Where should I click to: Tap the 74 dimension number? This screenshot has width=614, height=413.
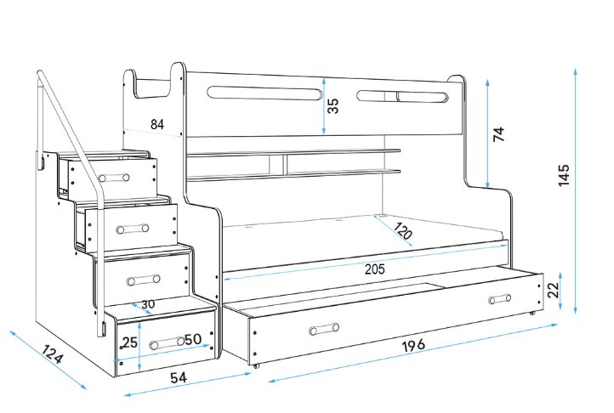click(499, 133)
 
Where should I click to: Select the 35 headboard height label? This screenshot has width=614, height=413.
click(333, 106)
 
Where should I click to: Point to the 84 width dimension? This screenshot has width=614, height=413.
click(157, 124)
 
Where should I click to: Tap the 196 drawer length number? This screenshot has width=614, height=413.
click(413, 345)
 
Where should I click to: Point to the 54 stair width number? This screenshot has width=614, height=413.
click(179, 377)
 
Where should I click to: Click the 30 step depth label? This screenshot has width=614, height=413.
click(148, 304)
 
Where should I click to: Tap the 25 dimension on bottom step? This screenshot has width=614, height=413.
click(129, 342)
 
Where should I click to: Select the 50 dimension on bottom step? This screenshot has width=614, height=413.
click(193, 340)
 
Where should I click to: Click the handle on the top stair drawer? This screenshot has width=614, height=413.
click(113, 178)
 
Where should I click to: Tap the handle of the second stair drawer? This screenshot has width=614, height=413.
click(132, 229)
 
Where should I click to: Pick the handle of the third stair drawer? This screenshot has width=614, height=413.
click(144, 280)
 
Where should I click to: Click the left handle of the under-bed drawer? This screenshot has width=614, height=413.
click(323, 329)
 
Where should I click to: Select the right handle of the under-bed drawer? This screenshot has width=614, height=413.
click(500, 298)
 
